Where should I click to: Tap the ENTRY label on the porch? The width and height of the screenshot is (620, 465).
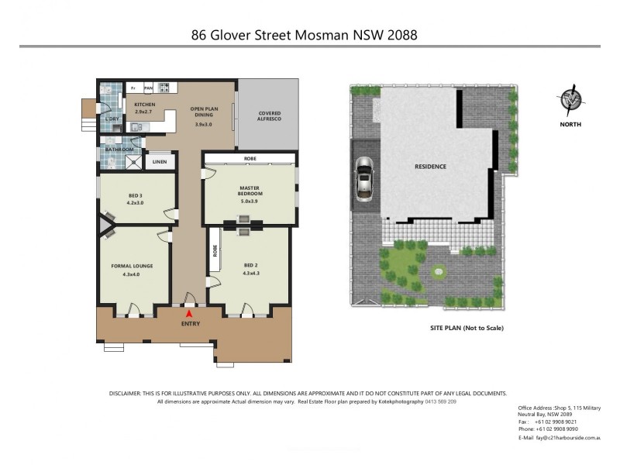[190, 323]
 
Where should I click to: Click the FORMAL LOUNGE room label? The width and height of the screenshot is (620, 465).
[132, 270]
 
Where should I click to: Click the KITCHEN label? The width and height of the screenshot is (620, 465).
[145, 108]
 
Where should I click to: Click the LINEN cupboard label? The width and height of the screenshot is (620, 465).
[159, 162]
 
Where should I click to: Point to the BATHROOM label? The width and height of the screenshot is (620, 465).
[120, 150]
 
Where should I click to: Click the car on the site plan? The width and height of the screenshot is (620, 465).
[363, 180]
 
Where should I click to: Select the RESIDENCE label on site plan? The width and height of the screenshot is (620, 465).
[430, 166]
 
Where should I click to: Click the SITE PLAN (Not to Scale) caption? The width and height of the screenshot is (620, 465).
[467, 328]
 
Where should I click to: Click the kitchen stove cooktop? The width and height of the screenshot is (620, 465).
[164, 88]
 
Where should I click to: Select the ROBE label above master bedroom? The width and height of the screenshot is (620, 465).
[250, 158]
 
